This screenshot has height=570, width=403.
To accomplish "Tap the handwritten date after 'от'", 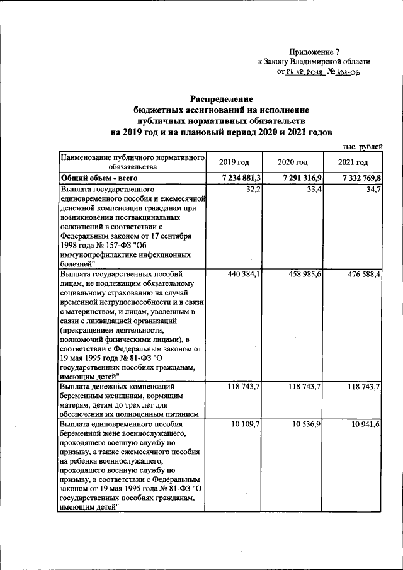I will pyautogui.click(x=305, y=72).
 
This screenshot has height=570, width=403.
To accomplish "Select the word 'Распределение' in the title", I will pyautogui.click(x=222, y=99).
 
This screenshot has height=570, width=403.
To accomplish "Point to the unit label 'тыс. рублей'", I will pyautogui.click(x=361, y=146).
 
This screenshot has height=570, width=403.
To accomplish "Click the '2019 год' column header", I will pyautogui.click(x=234, y=162).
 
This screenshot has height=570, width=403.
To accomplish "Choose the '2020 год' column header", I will pyautogui.click(x=293, y=162).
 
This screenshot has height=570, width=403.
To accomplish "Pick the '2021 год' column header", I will pyautogui.click(x=353, y=162).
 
